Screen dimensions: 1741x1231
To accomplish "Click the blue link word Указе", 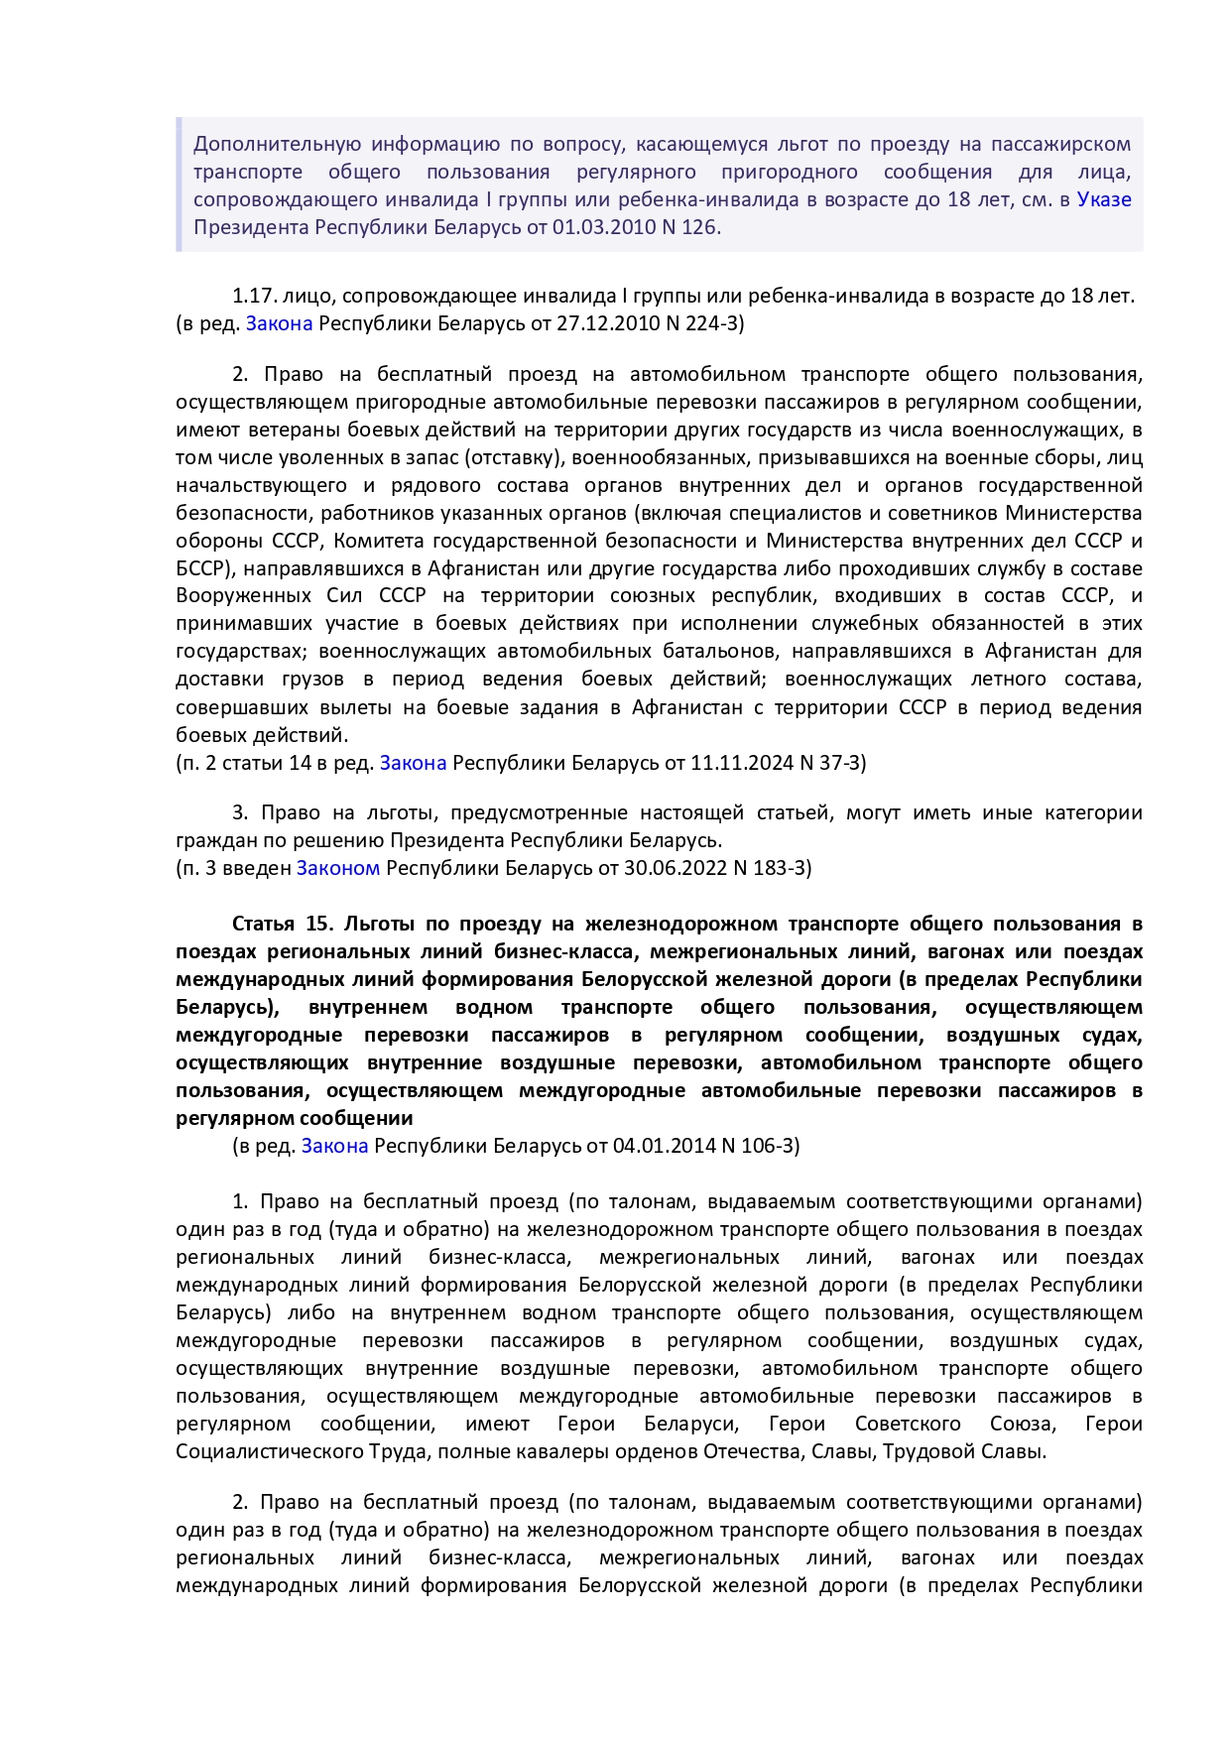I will (x=1104, y=199).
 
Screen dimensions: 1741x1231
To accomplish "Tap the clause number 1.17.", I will (x=254, y=296).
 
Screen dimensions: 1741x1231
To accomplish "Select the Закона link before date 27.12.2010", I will (x=279, y=323).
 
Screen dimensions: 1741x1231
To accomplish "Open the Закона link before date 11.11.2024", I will (x=413, y=763).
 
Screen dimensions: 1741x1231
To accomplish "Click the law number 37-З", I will (x=836, y=763).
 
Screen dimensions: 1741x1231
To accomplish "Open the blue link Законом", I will (x=337, y=868).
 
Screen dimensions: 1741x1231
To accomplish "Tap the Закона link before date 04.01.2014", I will (x=334, y=1146).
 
